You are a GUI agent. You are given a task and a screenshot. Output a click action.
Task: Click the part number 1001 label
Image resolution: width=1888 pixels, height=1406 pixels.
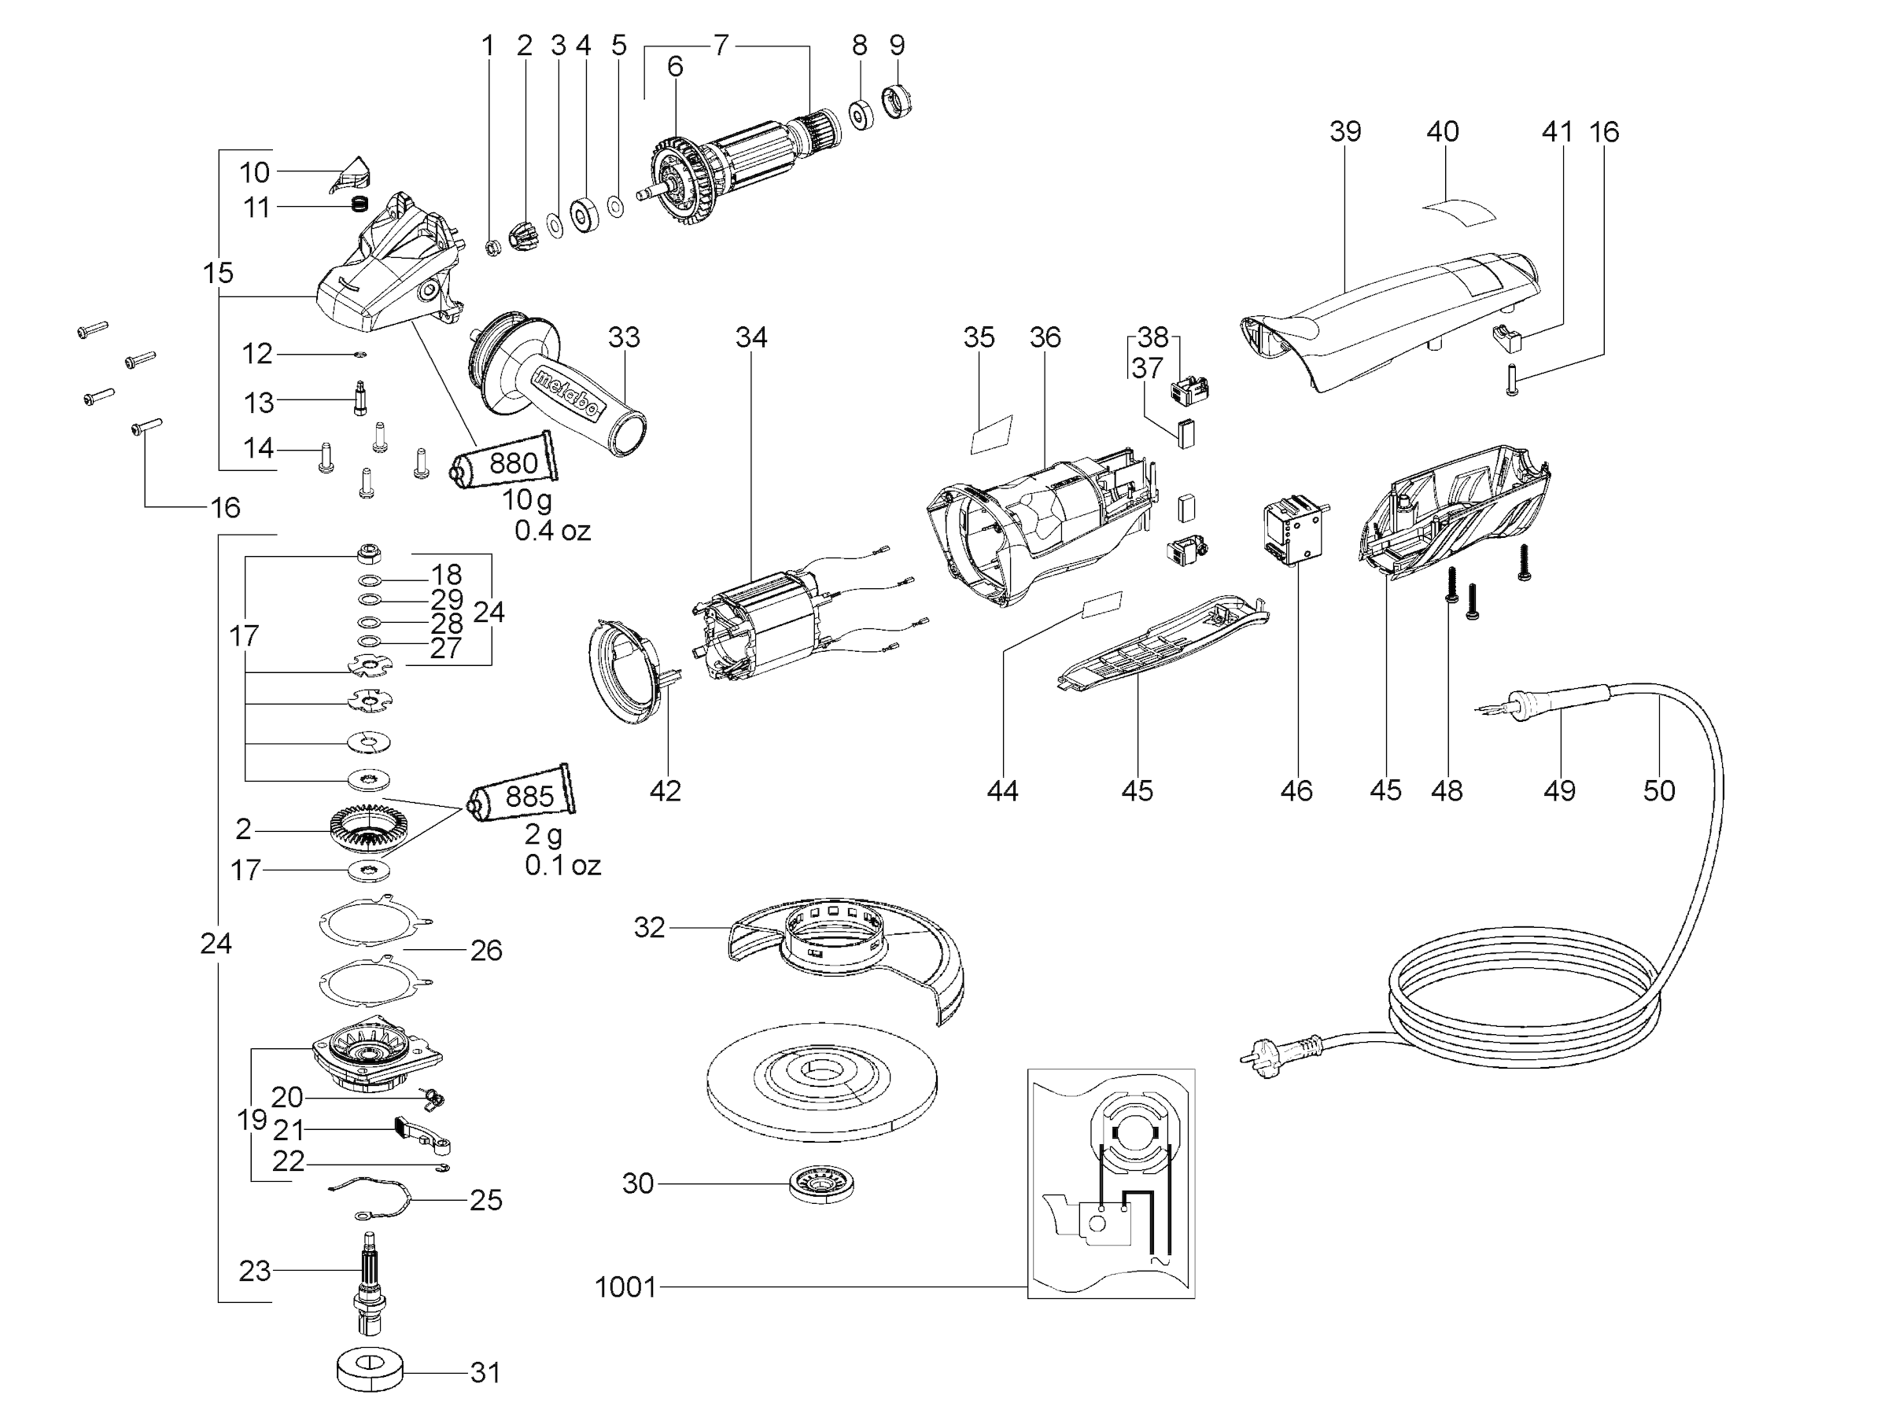coord(625,1286)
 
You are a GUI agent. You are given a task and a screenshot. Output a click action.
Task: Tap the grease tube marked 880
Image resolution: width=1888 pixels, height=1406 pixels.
coord(505,462)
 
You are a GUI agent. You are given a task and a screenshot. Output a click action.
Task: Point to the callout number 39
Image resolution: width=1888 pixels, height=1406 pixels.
coord(1345,131)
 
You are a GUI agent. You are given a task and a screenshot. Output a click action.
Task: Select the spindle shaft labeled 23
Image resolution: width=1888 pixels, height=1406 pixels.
coord(371,1281)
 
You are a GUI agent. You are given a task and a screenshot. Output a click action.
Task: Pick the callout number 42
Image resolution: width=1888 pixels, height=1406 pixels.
coord(665,790)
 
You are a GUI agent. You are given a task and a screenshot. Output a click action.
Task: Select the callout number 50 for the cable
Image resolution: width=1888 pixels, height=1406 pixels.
coord(1659,790)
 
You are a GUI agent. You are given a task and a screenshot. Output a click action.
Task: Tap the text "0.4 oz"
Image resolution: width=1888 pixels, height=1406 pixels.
coord(551,531)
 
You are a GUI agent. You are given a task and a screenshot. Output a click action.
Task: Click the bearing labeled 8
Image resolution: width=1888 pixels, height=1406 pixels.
coord(861,115)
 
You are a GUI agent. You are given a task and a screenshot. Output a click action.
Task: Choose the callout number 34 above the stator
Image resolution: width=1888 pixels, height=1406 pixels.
coord(750,337)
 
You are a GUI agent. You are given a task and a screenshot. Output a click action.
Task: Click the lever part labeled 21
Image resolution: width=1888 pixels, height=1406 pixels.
coord(422,1135)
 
